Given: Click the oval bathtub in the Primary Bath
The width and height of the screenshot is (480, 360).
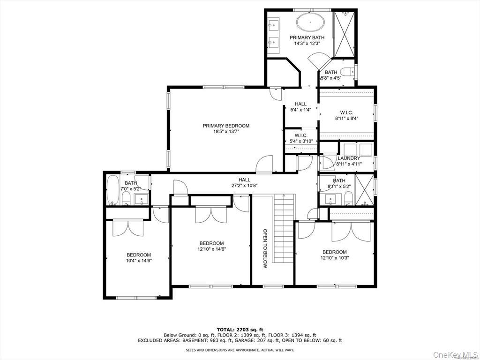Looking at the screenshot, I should tap(307, 22).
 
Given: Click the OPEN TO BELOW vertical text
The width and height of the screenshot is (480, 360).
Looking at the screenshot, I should tap(265, 248).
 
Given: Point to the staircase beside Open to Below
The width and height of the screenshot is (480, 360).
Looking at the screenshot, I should tap(285, 230).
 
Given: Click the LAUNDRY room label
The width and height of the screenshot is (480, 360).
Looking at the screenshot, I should tap(349, 158).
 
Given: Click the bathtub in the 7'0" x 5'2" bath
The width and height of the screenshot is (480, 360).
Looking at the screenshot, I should tap(113, 190).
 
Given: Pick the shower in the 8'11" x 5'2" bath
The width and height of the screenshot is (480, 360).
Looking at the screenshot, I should tap(364, 189).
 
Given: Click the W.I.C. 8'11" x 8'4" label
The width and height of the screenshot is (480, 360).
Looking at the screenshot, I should tap(346, 115).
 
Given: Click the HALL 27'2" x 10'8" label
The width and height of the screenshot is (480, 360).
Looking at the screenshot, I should tap(244, 182).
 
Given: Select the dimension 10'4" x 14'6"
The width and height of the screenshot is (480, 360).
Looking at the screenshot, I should tap(139, 261).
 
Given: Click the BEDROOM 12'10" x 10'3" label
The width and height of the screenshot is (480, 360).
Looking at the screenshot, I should tap(335, 255).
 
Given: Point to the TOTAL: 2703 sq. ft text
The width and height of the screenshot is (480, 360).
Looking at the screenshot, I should tap(240, 330).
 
